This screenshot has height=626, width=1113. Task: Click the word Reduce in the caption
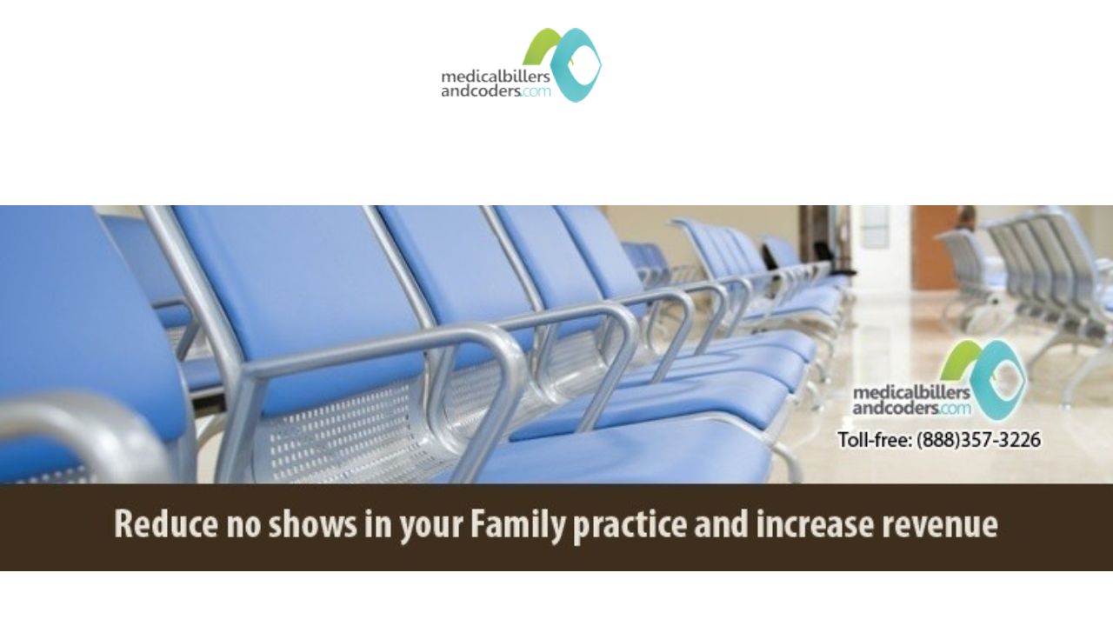[166, 524]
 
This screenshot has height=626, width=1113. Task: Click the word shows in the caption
[313, 524]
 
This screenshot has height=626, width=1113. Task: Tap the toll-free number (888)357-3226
[978, 440]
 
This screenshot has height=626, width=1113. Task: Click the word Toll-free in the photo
[875, 440]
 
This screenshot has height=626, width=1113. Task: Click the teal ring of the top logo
[576, 65]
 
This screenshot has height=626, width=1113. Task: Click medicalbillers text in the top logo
[496, 77]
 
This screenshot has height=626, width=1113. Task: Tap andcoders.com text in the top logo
[496, 91]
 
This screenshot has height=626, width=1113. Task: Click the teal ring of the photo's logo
[999, 378]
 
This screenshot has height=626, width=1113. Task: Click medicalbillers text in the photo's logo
[911, 392]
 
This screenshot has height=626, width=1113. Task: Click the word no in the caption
[244, 527]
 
